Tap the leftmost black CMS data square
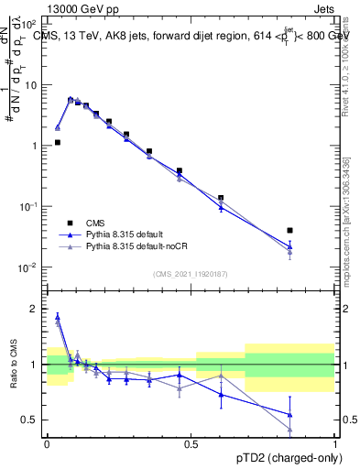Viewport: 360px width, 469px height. [58, 142]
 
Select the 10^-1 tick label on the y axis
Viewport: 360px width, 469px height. [27, 207]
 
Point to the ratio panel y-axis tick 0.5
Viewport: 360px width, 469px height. [33, 420]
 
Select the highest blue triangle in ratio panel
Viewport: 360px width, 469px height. [58, 317]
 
